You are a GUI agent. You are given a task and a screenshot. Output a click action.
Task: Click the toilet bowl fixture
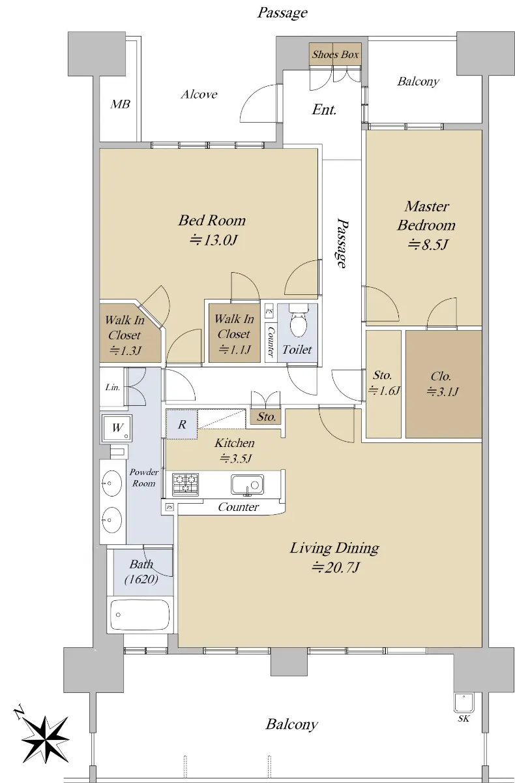click(298, 320)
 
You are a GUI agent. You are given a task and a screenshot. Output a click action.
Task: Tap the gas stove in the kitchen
click(185, 484)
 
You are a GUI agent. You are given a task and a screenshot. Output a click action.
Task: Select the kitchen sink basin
click(247, 485)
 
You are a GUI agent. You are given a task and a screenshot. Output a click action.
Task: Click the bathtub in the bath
click(140, 615)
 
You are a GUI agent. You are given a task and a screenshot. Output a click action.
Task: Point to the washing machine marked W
click(117, 428)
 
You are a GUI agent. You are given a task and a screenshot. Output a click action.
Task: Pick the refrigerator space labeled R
click(182, 424)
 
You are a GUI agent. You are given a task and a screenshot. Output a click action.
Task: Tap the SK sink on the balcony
click(463, 703)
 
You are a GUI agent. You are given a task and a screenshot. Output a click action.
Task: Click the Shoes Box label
click(335, 55)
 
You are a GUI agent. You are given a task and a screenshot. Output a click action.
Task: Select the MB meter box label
click(121, 104)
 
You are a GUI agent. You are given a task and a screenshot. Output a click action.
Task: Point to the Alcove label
click(199, 94)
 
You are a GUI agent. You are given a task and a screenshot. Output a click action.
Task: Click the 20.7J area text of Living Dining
click(335, 567)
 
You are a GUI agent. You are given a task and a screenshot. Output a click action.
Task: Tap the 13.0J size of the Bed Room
click(214, 240)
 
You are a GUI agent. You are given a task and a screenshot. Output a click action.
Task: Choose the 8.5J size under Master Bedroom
click(428, 244)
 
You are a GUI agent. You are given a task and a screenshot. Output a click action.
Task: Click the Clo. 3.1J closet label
click(441, 384)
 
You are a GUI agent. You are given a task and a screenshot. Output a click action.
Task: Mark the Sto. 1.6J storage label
click(383, 383)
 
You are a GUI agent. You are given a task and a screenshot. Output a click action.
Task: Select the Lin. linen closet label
click(113, 388)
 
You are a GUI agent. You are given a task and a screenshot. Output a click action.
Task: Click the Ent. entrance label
click(324, 110)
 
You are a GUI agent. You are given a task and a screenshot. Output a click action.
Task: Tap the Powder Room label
click(144, 478)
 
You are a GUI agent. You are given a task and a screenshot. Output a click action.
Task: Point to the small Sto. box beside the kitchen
click(266, 416)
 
